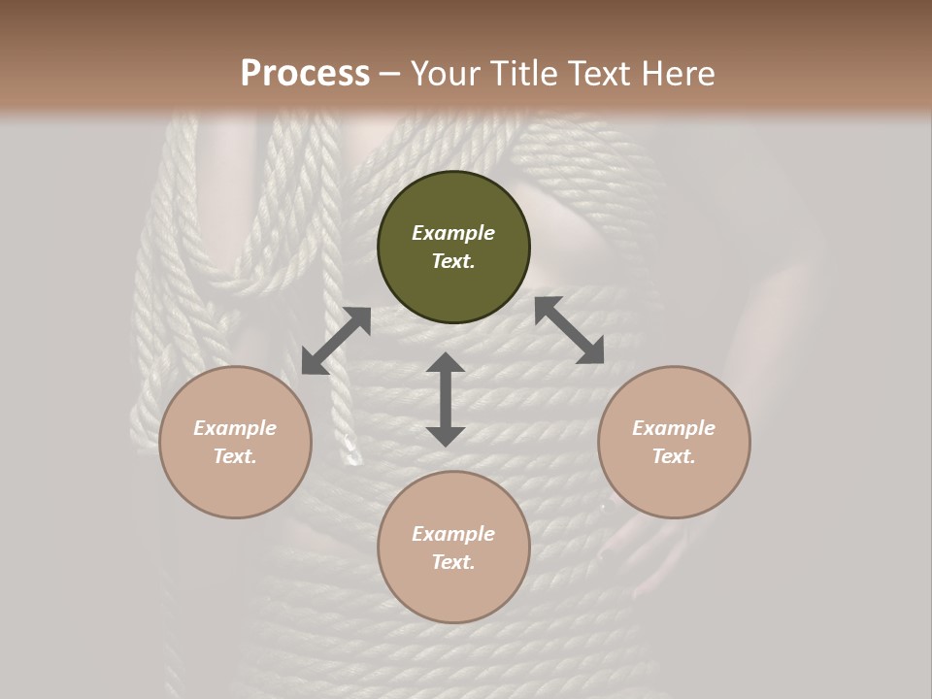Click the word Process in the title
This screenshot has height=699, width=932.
[305, 74]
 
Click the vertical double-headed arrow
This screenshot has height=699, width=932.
[446, 399]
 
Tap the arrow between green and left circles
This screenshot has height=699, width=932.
[336, 341]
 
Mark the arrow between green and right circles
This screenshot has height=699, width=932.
[570, 330]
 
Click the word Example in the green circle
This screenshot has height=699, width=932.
[453, 233]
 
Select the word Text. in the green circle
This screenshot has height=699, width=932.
[453, 261]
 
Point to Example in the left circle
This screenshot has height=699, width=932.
[235, 428]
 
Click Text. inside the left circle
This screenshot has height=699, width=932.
[235, 456]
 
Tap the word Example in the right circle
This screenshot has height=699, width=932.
[674, 428]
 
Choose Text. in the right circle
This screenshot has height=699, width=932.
[674, 456]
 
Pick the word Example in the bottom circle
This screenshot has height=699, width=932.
[453, 534]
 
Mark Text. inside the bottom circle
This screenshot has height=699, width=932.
[453, 562]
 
